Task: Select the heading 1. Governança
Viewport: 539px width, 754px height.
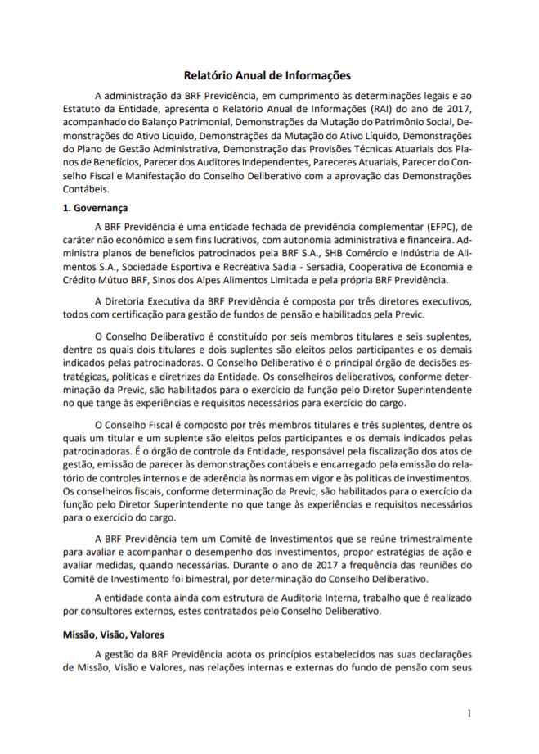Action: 96,208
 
